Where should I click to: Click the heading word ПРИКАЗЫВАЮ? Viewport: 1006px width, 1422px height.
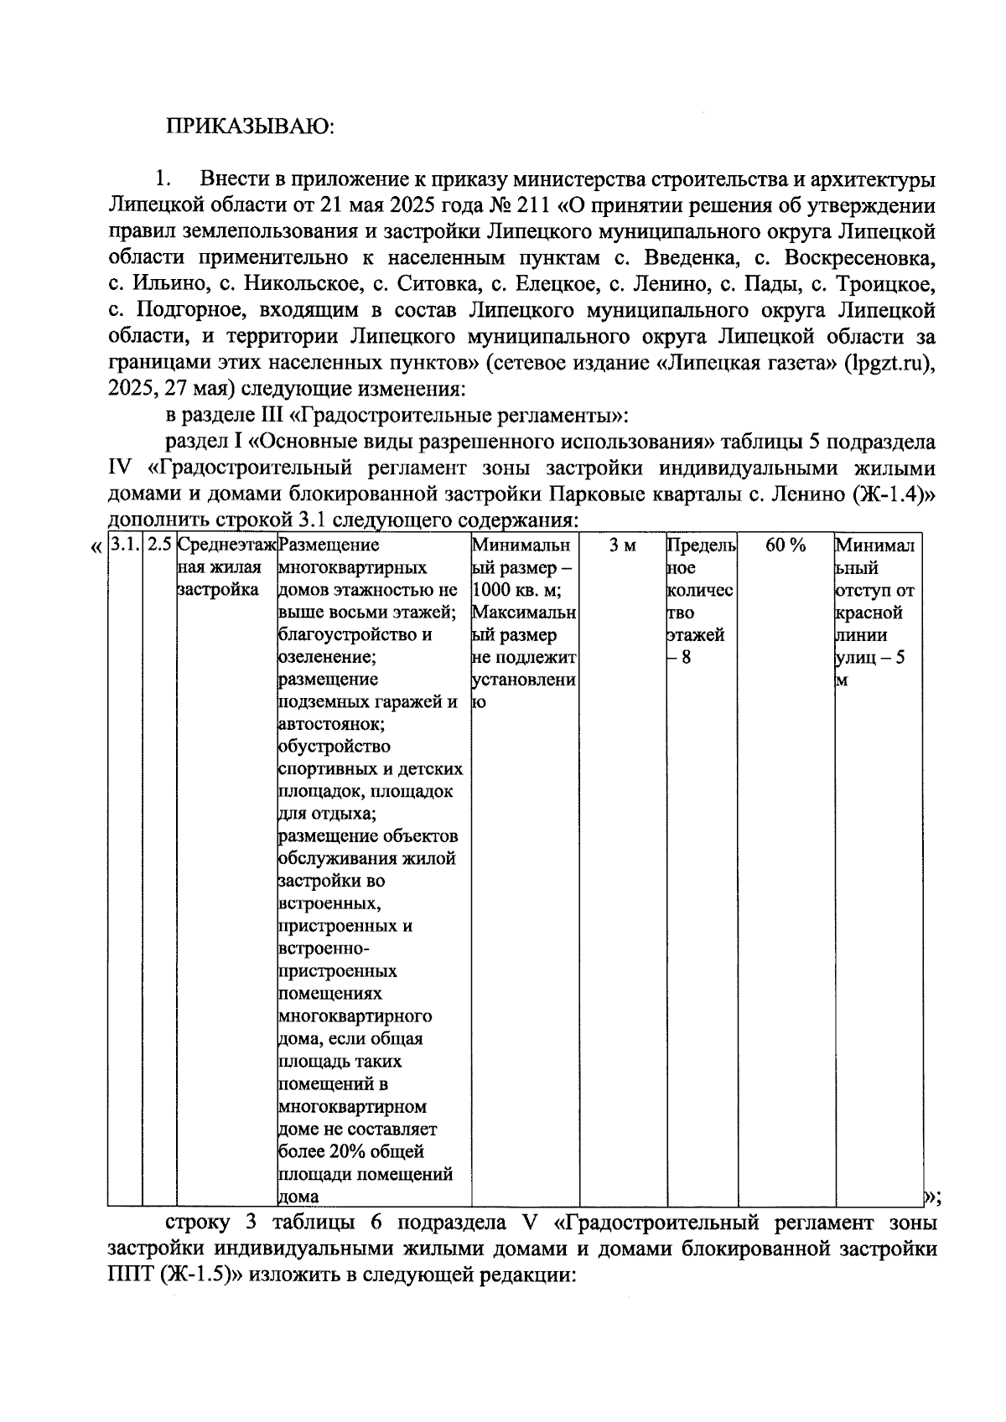point(250,127)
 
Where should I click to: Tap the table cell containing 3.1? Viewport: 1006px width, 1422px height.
point(124,546)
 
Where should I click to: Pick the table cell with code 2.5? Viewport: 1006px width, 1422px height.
point(159,546)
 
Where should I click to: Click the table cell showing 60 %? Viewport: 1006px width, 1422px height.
point(786,546)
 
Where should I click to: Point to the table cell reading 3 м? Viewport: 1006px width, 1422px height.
point(622,546)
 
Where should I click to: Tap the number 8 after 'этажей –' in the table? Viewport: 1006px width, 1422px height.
point(686,658)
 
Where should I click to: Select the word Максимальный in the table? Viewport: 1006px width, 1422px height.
point(522,613)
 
